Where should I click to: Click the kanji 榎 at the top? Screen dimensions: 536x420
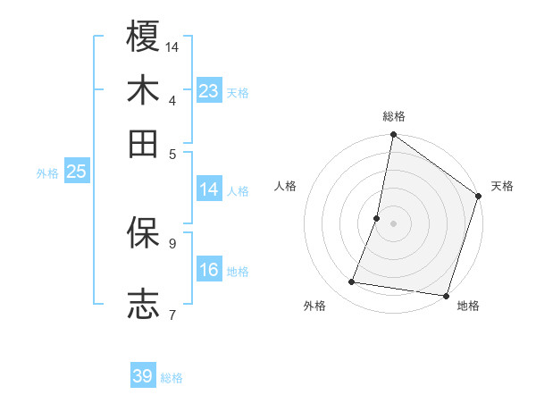143,37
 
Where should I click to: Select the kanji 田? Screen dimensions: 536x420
143,144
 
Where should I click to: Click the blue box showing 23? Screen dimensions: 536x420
209,91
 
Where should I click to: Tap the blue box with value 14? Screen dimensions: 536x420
209,189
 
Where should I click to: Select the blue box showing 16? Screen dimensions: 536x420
209,270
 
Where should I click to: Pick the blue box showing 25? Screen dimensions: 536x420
76,172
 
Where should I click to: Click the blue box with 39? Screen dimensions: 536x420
143,376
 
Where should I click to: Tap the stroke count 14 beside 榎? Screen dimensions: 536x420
172,46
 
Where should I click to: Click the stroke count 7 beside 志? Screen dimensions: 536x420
172,315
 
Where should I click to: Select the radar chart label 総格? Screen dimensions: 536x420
394,117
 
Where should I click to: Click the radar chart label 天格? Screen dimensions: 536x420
502,186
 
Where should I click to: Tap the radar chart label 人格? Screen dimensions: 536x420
286,186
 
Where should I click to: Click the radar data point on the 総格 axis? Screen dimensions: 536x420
393,136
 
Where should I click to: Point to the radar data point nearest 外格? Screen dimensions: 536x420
352,282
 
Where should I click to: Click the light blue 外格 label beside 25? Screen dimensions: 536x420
47,173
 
